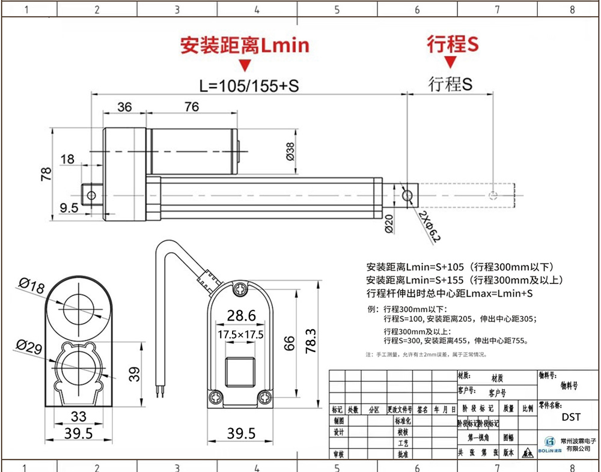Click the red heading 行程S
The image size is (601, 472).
(x=453, y=44)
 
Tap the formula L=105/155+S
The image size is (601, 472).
(x=249, y=85)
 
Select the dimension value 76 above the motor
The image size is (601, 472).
(x=191, y=107)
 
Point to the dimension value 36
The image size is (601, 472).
(x=124, y=107)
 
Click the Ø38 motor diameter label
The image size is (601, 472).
(x=290, y=151)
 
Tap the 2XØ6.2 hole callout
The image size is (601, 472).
(x=430, y=226)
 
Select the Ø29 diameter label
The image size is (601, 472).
(x=29, y=346)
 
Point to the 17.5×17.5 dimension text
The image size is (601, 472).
(x=240, y=334)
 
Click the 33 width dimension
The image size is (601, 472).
(x=79, y=416)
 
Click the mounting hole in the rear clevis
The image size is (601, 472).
(x=91, y=195)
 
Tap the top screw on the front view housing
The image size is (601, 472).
(x=242, y=288)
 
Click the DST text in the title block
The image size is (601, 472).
(x=571, y=417)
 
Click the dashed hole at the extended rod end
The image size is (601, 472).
(x=493, y=195)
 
